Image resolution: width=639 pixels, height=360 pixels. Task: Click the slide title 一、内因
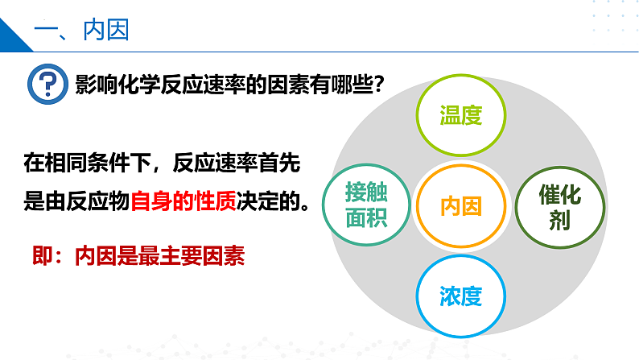83,31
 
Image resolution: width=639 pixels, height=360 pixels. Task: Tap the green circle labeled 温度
460,114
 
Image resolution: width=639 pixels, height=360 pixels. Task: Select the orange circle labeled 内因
460,205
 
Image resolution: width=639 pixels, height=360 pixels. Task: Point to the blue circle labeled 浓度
460,296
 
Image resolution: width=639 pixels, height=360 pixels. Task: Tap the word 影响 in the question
93,84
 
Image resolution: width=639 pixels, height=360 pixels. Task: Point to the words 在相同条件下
77,163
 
